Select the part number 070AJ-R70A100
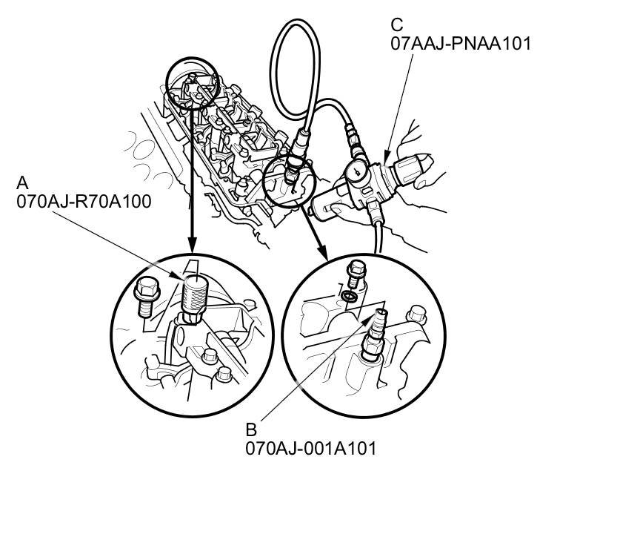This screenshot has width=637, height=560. [x=84, y=201]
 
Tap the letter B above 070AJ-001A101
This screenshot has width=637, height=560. [x=251, y=429]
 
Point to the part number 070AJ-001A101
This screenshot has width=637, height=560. [x=311, y=448]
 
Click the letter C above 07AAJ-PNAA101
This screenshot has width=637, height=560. [x=397, y=25]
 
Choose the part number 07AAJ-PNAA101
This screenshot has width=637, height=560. [x=461, y=43]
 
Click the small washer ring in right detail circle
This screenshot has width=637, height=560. [x=349, y=297]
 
